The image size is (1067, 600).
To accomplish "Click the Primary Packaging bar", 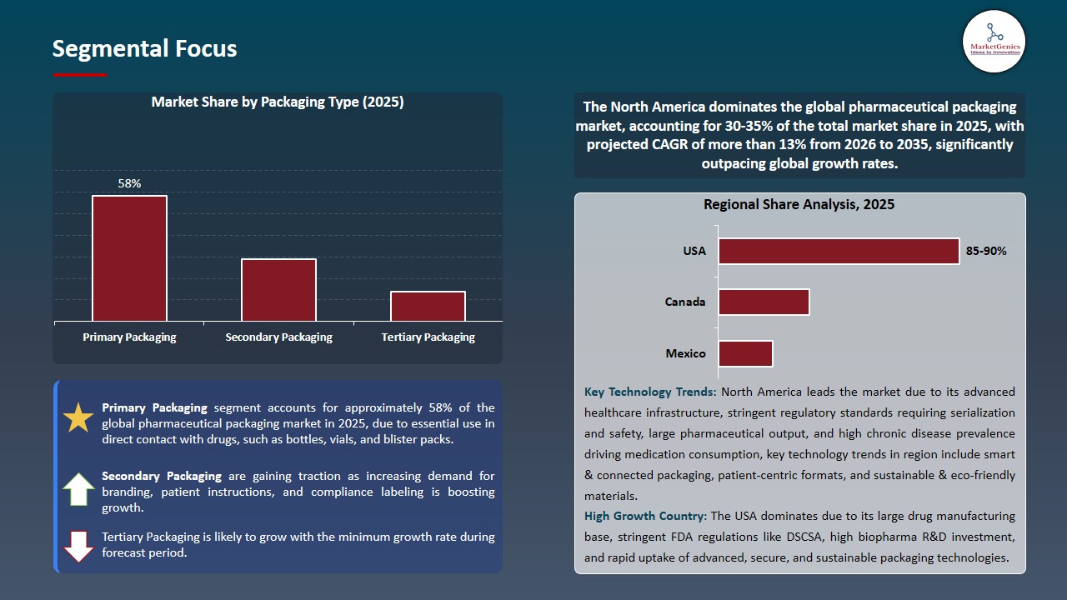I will click(x=129, y=258).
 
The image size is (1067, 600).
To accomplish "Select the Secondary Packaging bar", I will click(x=278, y=290).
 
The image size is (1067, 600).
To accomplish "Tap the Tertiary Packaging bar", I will click(x=428, y=306).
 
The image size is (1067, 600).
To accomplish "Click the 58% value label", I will click(x=129, y=183).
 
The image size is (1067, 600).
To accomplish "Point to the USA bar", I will click(x=839, y=251).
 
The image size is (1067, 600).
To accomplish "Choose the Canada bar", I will click(x=764, y=302).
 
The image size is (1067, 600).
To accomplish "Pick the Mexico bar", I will click(x=745, y=353).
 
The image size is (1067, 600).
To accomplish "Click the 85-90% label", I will click(x=986, y=251).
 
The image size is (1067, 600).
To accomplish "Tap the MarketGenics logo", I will click(x=994, y=41).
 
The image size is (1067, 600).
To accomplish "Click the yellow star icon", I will click(x=78, y=417).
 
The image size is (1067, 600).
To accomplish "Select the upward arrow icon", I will click(x=78, y=490).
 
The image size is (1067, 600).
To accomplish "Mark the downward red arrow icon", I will click(x=78, y=547).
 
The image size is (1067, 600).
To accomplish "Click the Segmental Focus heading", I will click(x=144, y=48).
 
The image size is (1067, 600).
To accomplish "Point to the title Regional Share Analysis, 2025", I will click(x=799, y=204).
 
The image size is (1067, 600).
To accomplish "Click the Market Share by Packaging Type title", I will click(x=277, y=102).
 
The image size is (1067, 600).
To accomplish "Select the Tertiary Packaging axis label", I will click(x=428, y=337).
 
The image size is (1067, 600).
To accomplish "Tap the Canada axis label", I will click(x=685, y=302).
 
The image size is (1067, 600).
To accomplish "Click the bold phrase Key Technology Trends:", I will click(x=650, y=392).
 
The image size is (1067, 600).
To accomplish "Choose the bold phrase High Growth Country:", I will click(x=645, y=516).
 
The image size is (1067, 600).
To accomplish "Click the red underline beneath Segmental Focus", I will click(x=79, y=75).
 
